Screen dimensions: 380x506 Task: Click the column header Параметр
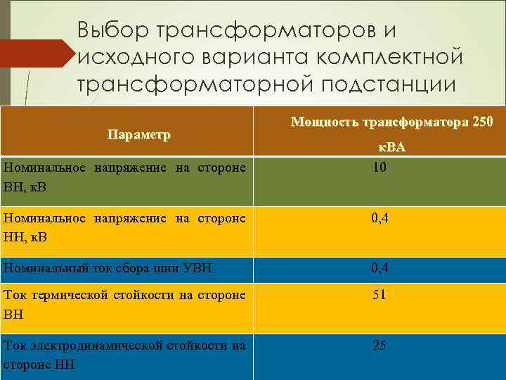pos(139,134)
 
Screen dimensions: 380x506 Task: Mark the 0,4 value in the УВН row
pos(379,267)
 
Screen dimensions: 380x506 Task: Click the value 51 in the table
pos(379,295)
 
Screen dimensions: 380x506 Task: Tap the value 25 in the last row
pos(379,345)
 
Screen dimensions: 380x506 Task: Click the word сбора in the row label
pos(131,268)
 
